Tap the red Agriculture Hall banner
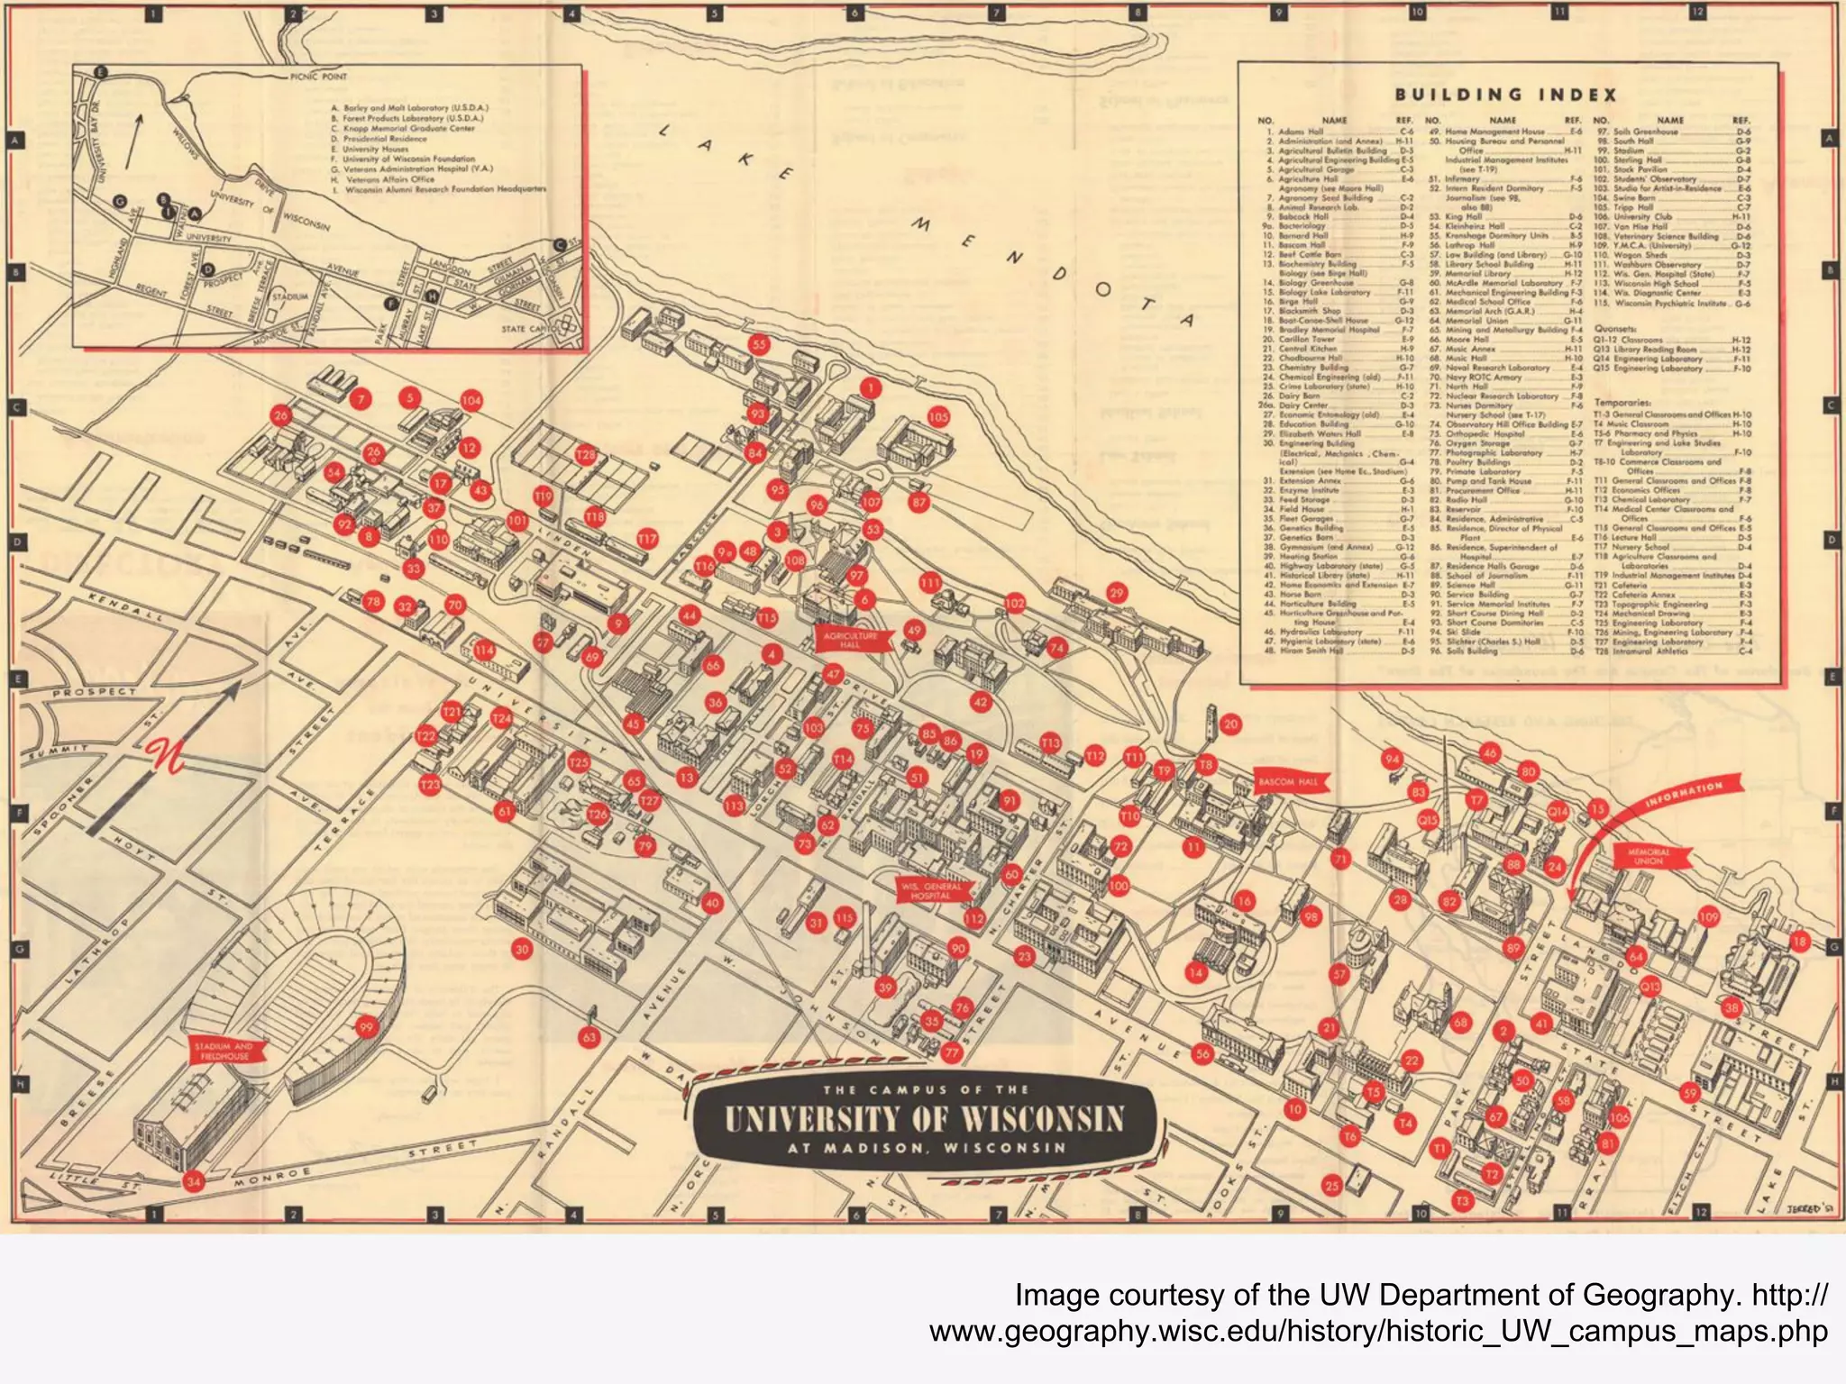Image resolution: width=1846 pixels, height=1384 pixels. [x=850, y=640]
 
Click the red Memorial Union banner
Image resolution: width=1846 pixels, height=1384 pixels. [x=1649, y=856]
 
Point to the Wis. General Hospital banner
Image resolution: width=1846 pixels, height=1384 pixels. [x=930, y=891]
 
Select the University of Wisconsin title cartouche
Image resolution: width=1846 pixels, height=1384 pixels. [x=924, y=1119]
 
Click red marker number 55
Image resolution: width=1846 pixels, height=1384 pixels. [x=759, y=344]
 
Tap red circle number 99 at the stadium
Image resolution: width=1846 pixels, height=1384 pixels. [x=366, y=1027]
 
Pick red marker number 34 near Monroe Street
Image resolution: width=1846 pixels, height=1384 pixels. [x=193, y=1181]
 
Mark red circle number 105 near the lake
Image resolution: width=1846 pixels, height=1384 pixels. [x=938, y=417]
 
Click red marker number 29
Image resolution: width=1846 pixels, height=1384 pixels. [x=1117, y=593]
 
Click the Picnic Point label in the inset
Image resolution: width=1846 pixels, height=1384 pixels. [x=318, y=77]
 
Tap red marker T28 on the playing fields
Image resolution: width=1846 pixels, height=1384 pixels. [x=586, y=455]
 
